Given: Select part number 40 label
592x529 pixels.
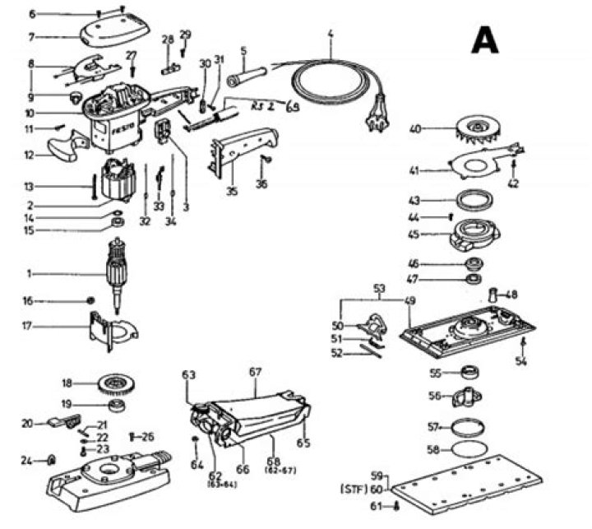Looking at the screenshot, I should pos(415,128).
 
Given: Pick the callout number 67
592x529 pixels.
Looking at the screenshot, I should pos(255,371).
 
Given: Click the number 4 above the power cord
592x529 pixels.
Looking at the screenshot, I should pos(330,34).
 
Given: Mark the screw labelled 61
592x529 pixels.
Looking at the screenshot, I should pos(398,508).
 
